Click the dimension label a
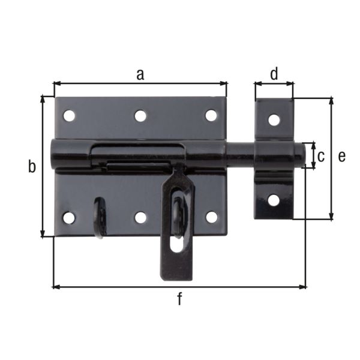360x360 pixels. (x=140, y=74)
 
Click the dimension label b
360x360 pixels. (x=32, y=167)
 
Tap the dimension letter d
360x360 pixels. (x=274, y=74)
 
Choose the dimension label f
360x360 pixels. (x=179, y=299)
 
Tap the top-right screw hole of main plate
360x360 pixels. (x=211, y=115)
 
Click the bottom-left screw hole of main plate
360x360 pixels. (x=70, y=217)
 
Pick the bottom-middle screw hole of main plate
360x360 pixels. (x=140, y=217)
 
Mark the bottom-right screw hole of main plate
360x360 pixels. (x=211, y=217)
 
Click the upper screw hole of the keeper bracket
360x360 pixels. (x=274, y=119)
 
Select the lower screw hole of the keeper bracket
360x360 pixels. (x=274, y=200)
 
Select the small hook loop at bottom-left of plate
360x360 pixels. (x=100, y=217)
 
